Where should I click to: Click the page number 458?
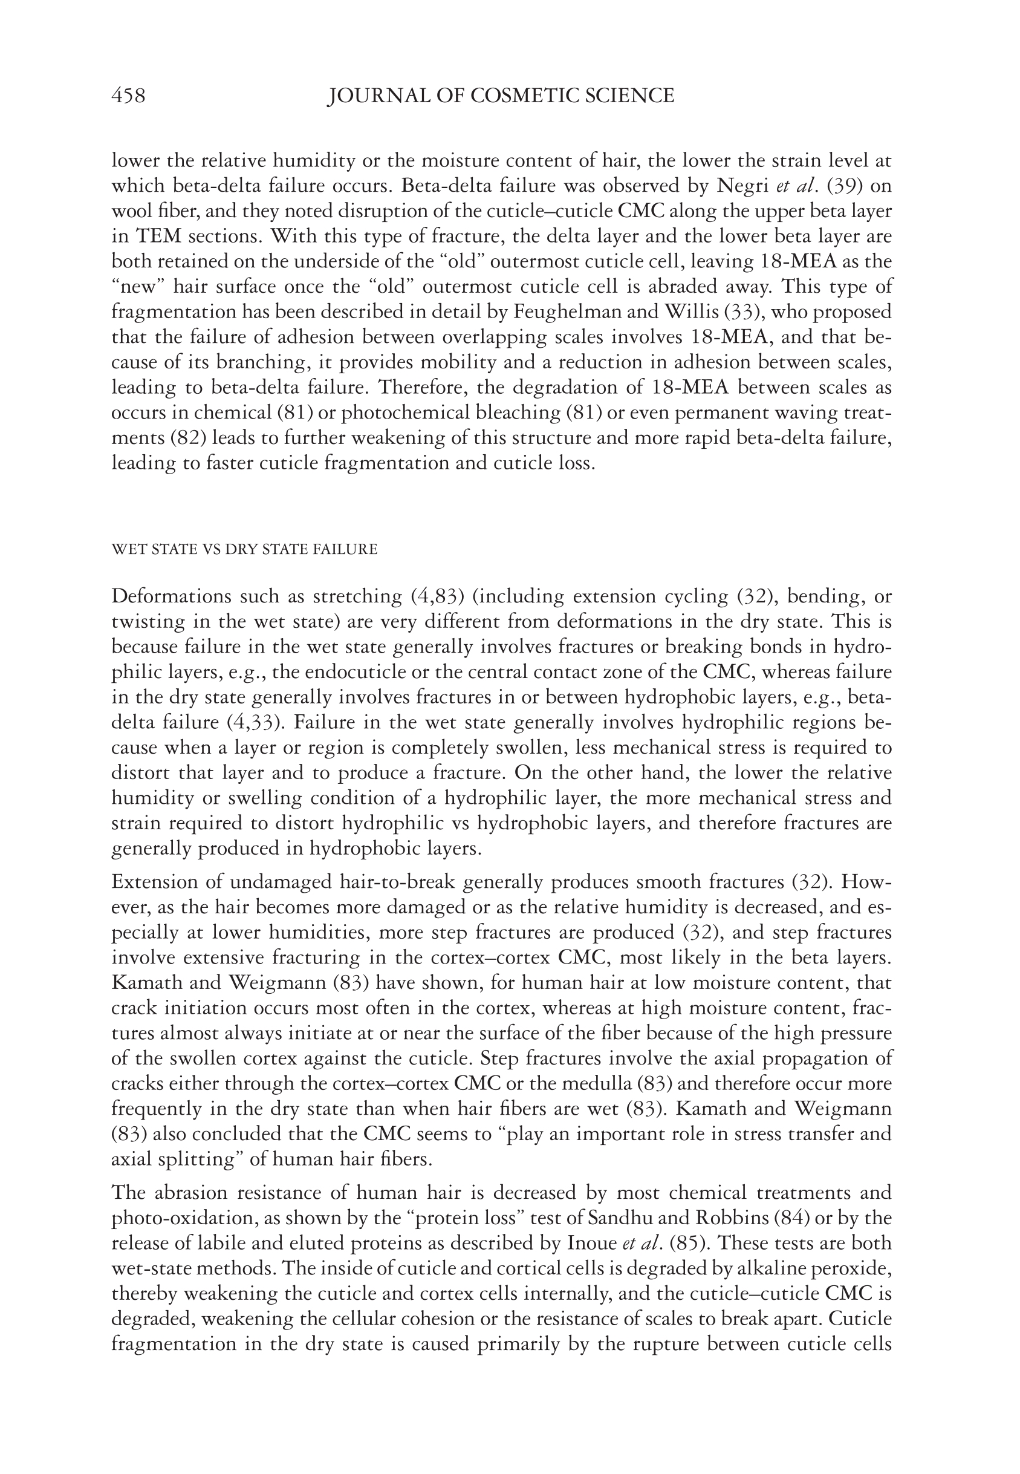pyautogui.click(x=128, y=96)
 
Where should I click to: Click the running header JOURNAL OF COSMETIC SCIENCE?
pyautogui.click(x=501, y=96)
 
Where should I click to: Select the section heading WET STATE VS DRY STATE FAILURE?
pyautogui.click(x=244, y=549)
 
